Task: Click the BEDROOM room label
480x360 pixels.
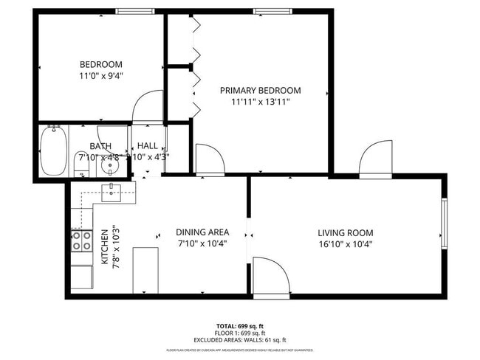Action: pyautogui.click(x=101, y=64)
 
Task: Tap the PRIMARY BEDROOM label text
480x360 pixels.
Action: pyautogui.click(x=260, y=91)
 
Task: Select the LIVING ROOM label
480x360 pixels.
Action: pyautogui.click(x=346, y=232)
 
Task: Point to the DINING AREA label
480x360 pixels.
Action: pyautogui.click(x=202, y=232)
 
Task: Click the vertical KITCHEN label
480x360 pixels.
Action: pyautogui.click(x=105, y=247)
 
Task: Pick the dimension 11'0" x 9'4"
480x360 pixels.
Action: pyautogui.click(x=101, y=75)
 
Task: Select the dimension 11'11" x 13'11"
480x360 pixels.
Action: pyautogui.click(x=260, y=102)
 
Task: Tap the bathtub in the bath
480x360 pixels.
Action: pyautogui.click(x=53, y=151)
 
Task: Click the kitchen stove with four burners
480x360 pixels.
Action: pyautogui.click(x=81, y=241)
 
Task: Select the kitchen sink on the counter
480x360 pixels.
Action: pyautogui.click(x=112, y=193)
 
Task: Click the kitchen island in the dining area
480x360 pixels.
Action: pyautogui.click(x=145, y=270)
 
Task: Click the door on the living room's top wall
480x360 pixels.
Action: pyautogui.click(x=375, y=161)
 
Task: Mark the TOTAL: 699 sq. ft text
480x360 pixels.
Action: pyautogui.click(x=240, y=325)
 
